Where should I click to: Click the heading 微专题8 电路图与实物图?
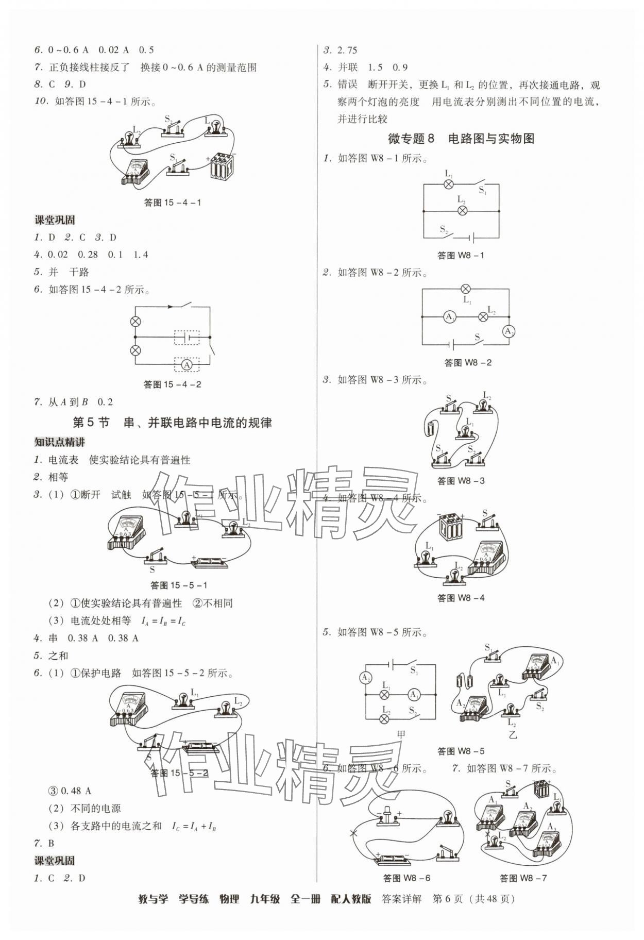click(x=461, y=138)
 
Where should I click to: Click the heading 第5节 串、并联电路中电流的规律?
click(x=172, y=423)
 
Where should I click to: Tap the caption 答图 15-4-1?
click(x=172, y=203)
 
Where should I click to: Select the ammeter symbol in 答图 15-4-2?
click(x=187, y=365)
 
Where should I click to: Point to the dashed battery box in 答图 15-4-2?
click(x=187, y=338)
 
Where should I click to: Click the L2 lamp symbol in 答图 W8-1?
click(x=462, y=210)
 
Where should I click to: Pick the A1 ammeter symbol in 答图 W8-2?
click(x=449, y=317)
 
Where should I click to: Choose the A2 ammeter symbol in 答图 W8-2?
click(x=509, y=331)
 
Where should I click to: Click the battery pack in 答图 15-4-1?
click(x=222, y=165)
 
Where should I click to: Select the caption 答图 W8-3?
click(x=461, y=481)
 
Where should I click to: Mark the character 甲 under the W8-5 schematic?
click(x=401, y=735)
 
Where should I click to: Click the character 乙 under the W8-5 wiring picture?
click(x=512, y=735)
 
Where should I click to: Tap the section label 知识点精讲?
click(x=60, y=442)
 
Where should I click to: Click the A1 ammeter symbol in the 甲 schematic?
click(x=414, y=695)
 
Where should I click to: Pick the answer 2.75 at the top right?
click(x=347, y=50)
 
